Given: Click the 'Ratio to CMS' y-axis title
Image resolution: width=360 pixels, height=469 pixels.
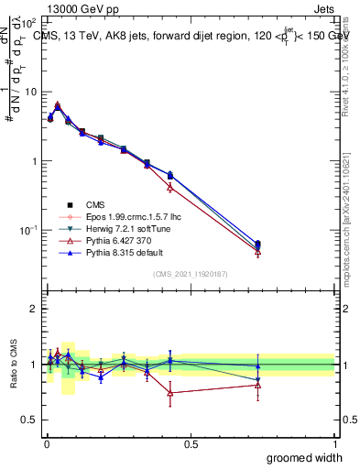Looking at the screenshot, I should coord(12,365).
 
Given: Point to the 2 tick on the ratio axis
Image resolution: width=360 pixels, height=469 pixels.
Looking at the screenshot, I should coord(34,309).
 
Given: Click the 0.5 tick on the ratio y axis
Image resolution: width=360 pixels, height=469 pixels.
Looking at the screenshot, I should coord(30,419).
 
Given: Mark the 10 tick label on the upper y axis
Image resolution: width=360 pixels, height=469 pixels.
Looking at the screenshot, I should coord(28,92).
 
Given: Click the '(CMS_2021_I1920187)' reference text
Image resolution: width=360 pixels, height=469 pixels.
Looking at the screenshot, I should coord(190,274).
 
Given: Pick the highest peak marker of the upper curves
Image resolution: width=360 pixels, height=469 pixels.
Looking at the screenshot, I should coord(58,104).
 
